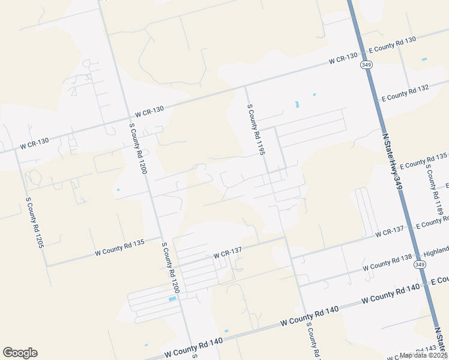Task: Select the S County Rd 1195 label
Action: click(256, 129)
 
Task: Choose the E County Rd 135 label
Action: click(424, 161)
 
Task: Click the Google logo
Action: click(20, 353)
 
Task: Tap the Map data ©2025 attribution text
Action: click(424, 355)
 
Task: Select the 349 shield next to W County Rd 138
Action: click(420, 265)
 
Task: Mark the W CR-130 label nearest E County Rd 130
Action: click(343, 59)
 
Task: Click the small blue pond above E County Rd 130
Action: click(424, 59)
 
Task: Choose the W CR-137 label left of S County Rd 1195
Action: click(228, 255)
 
